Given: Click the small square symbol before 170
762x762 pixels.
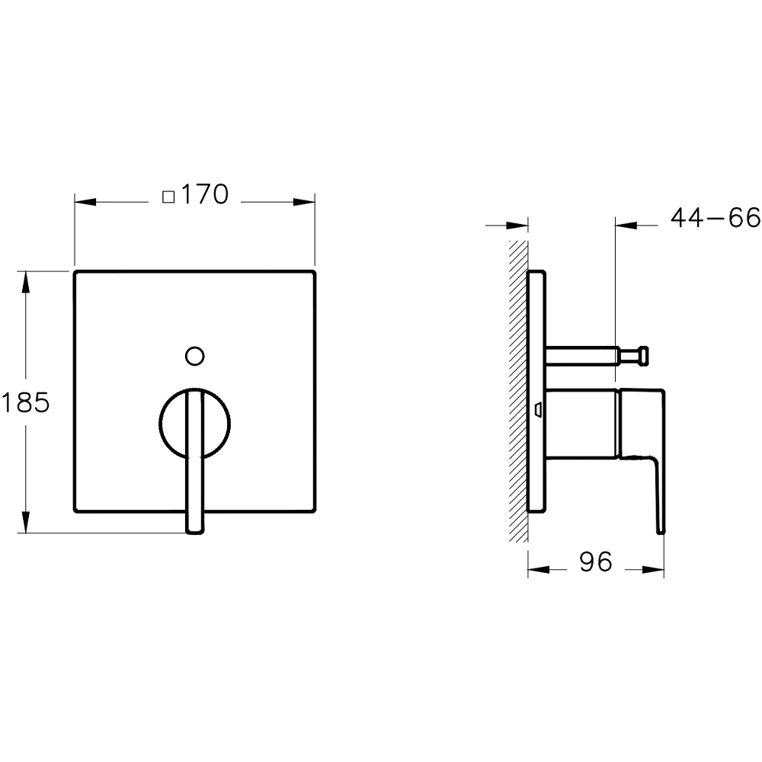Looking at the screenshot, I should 169,197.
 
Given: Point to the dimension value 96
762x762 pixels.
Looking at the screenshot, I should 595,562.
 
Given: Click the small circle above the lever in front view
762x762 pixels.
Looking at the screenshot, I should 195,355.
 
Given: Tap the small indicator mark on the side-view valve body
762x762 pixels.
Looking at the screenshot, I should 539,410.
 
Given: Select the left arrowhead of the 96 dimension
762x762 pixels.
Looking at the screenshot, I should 538,568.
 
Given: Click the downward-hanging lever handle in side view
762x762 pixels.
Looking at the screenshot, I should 658,488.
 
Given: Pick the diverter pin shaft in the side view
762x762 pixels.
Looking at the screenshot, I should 583,354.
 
